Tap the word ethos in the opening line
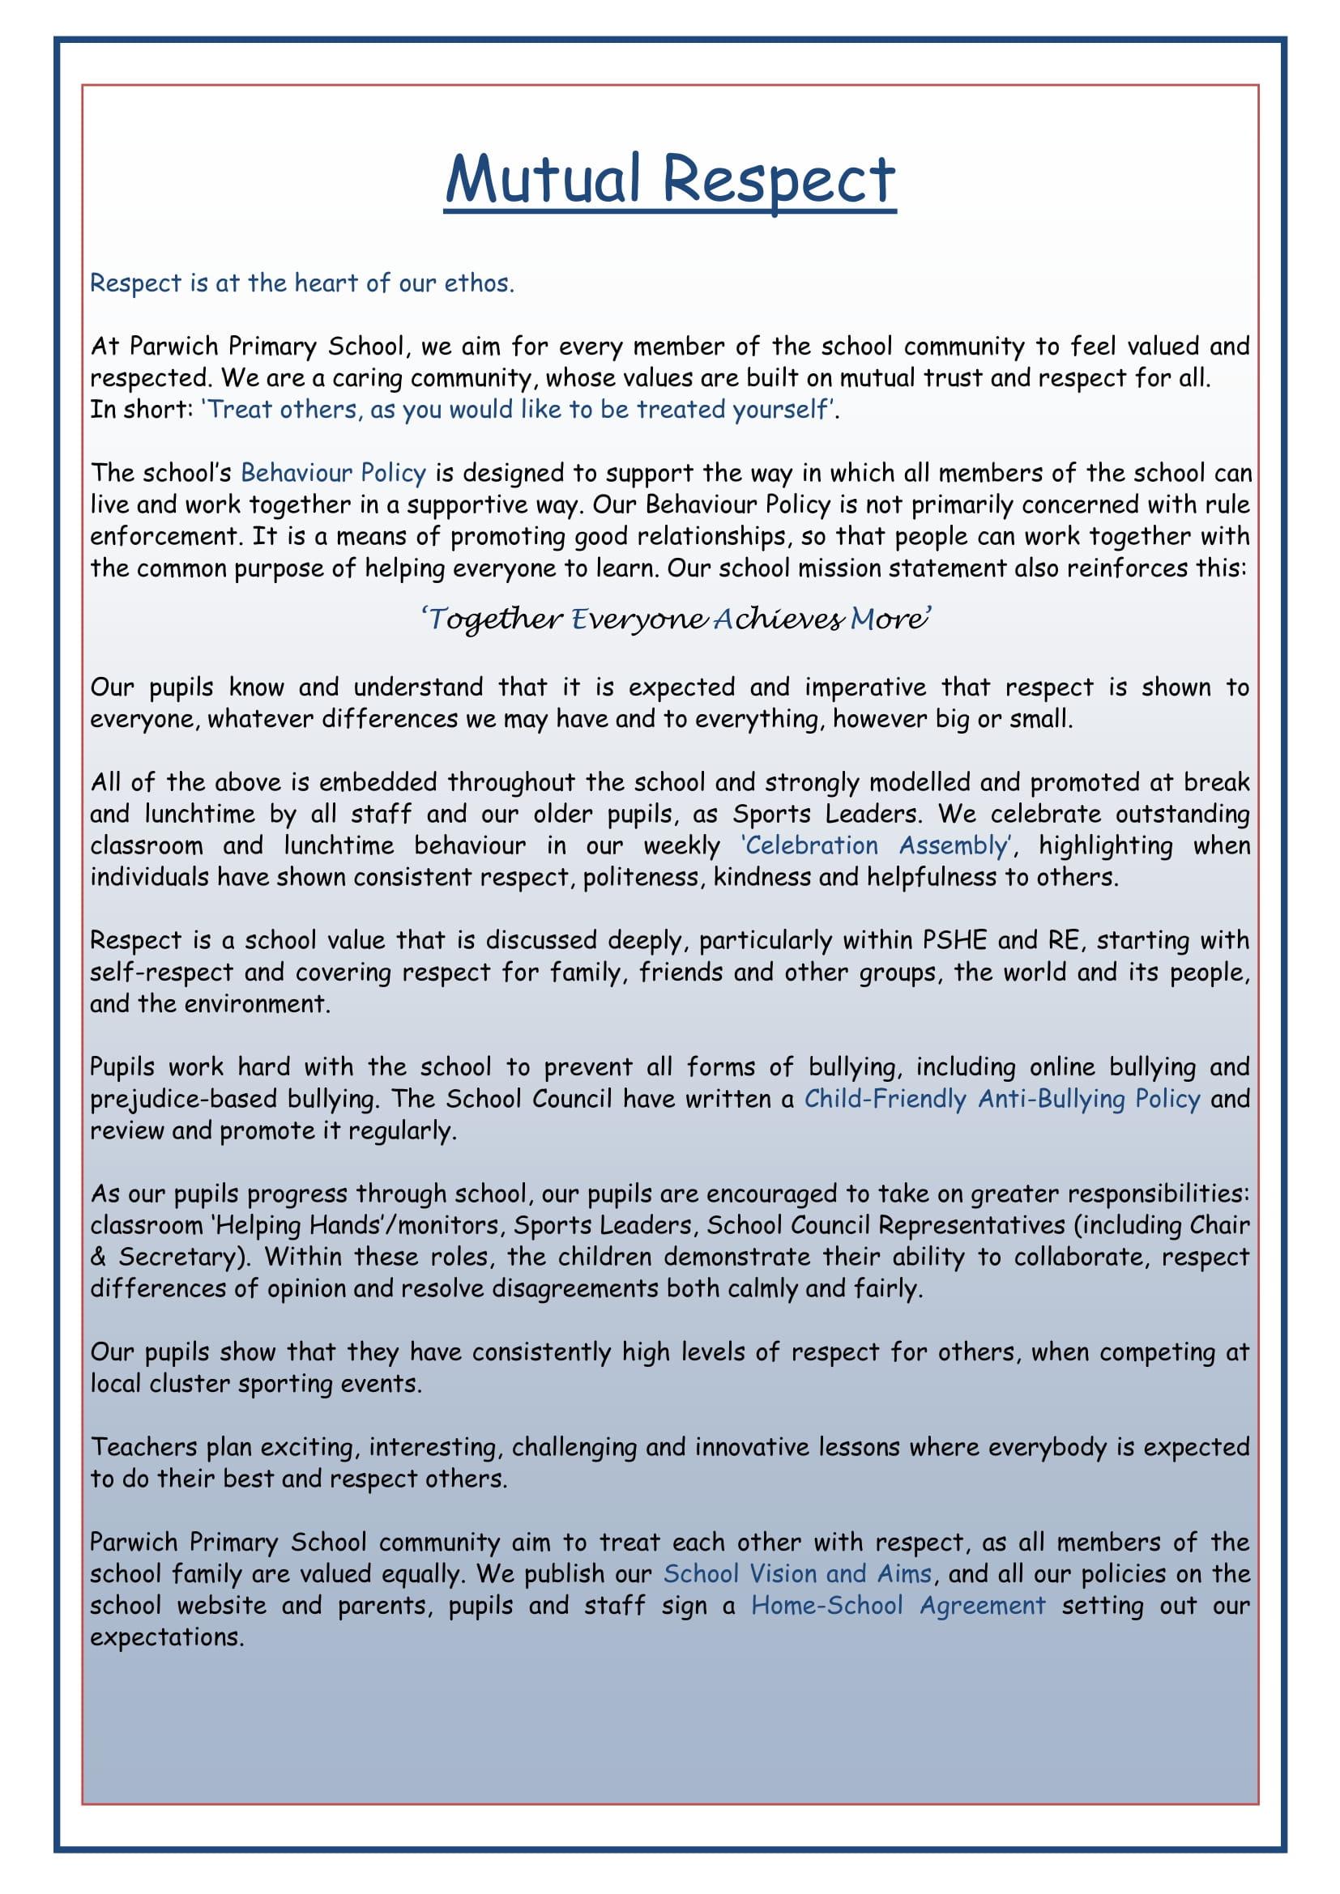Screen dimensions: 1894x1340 point(479,283)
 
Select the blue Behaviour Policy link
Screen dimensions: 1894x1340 point(333,473)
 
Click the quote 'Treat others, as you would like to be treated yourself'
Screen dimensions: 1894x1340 point(519,410)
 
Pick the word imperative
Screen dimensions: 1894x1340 point(864,687)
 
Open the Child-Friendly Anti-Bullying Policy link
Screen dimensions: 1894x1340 point(1001,1099)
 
